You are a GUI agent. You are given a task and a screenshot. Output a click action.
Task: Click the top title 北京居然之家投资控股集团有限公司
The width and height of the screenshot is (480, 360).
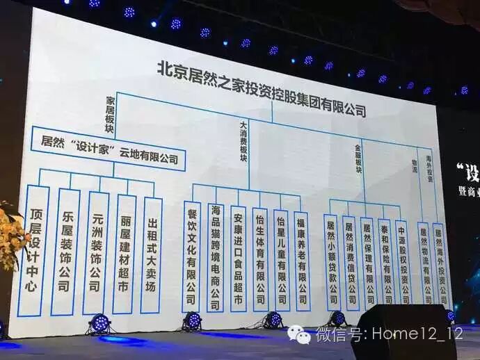pos(261,89)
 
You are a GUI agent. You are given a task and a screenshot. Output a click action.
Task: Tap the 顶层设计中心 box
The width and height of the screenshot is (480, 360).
pos(33,250)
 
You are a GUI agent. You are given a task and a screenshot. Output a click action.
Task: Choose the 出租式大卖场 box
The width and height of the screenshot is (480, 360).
pos(152,254)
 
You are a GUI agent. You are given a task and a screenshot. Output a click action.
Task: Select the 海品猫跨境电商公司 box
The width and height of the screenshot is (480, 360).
pos(216,257)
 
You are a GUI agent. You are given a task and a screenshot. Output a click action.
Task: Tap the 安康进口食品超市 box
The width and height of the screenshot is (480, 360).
pos(238,257)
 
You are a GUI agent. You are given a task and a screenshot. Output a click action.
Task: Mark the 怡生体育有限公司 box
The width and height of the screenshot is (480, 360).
pos(259,259)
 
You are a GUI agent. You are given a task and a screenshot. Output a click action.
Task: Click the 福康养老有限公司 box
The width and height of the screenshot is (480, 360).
pos(301,260)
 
